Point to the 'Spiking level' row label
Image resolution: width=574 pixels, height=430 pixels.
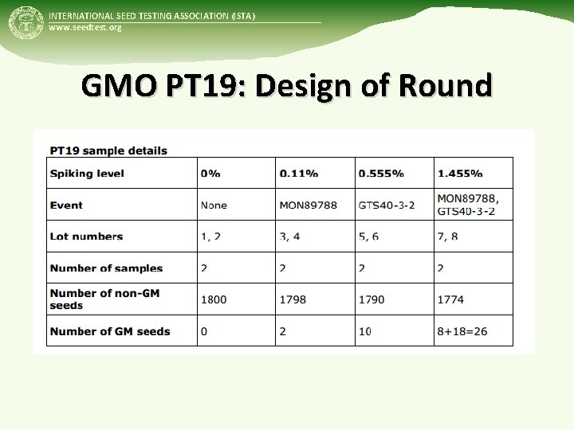pyautogui.click(x=87, y=174)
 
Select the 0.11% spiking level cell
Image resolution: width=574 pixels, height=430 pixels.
pyautogui.click(x=299, y=174)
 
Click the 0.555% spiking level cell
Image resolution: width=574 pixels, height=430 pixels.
pyautogui.click(x=380, y=174)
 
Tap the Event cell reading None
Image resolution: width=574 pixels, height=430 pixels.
pyautogui.click(x=214, y=205)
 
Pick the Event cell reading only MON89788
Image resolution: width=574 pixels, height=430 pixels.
pyautogui.click(x=308, y=205)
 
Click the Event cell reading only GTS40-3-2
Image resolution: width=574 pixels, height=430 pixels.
pyautogui.click(x=387, y=205)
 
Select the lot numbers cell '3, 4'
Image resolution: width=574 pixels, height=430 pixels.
pyautogui.click(x=289, y=236)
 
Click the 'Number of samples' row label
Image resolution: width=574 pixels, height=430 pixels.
pyautogui.click(x=106, y=268)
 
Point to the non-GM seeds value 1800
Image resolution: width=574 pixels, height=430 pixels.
pyautogui.click(x=214, y=299)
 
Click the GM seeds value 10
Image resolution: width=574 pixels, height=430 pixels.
pyautogui.click(x=365, y=331)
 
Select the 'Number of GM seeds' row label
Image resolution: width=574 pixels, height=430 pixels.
pyautogui.click(x=110, y=331)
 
